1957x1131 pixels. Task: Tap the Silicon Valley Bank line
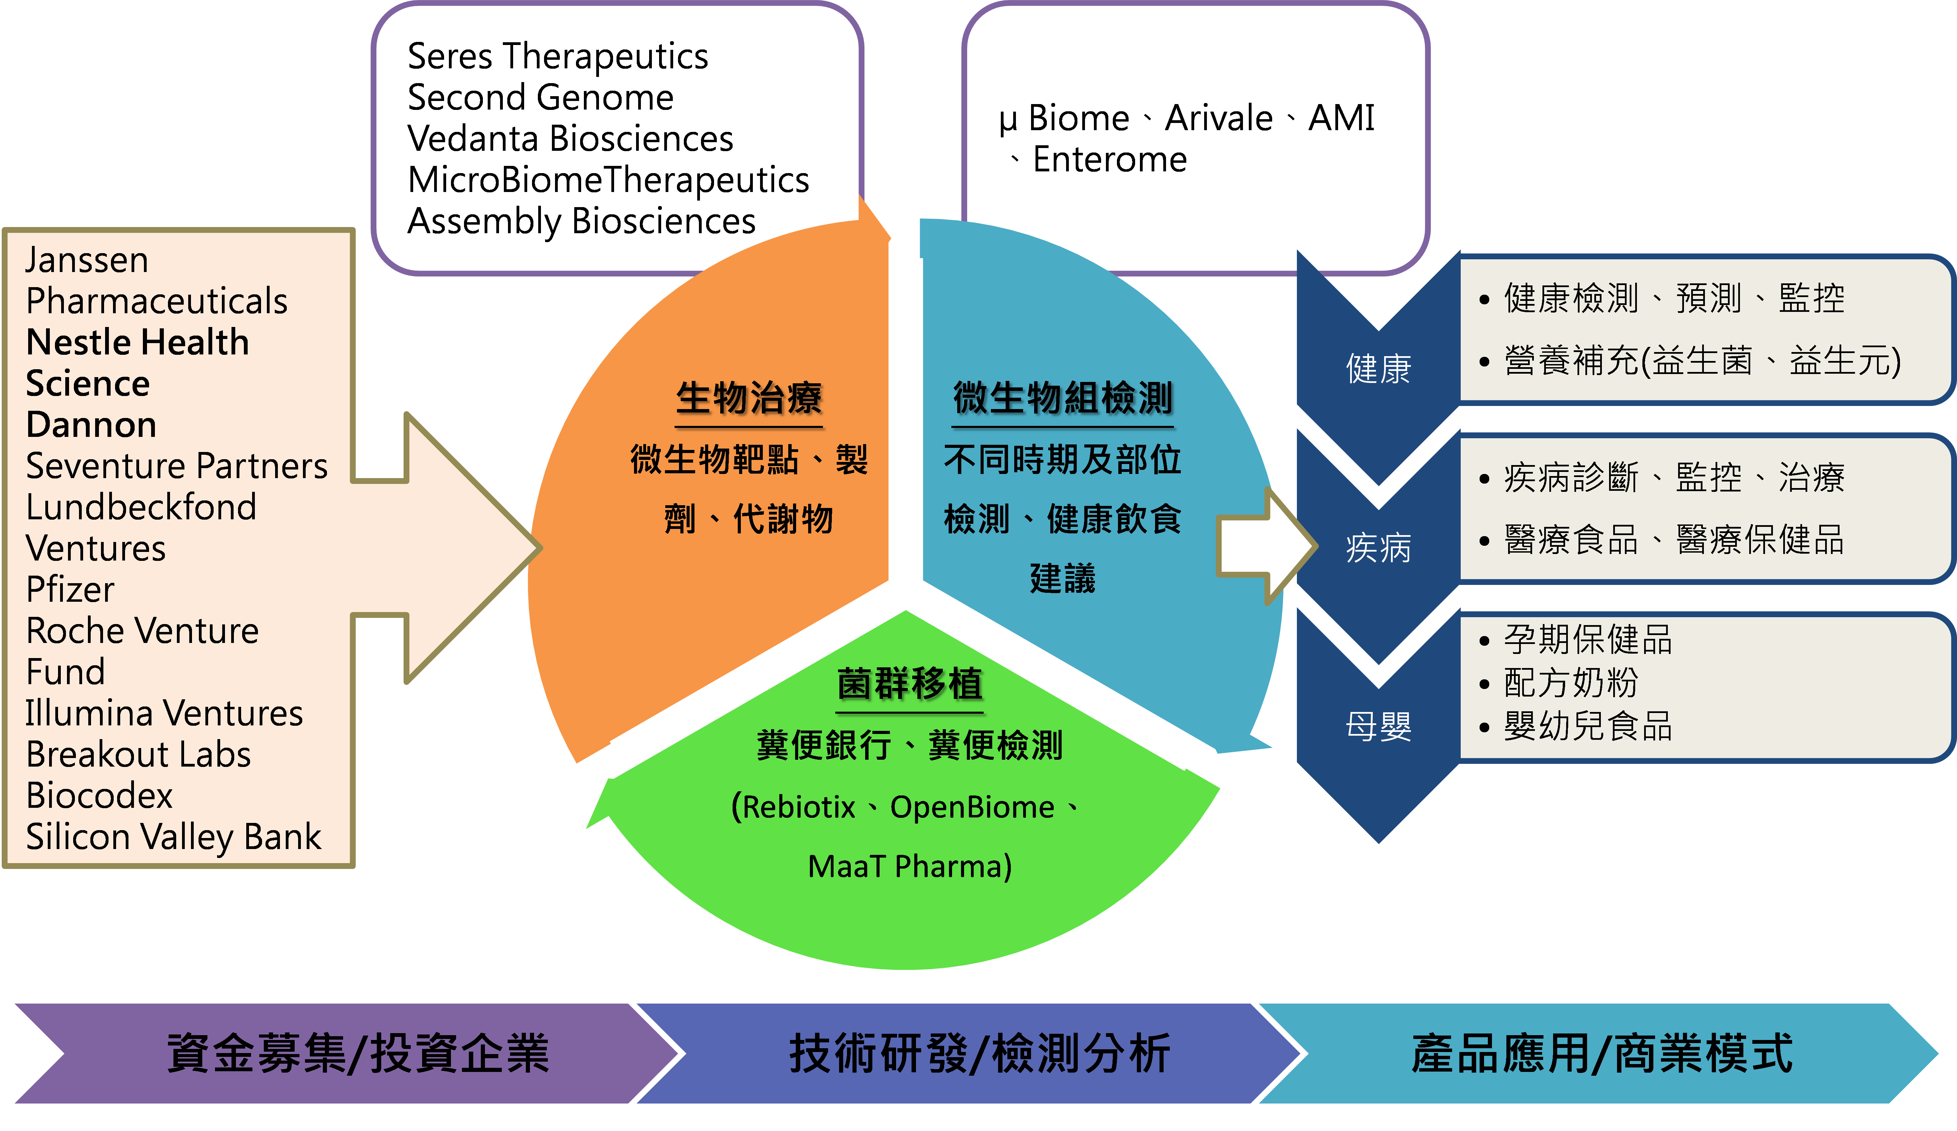(x=173, y=837)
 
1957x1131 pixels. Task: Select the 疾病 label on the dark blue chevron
(x=1378, y=547)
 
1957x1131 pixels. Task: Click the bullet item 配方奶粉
(x=1570, y=683)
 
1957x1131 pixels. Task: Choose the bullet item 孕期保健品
(x=1587, y=640)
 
